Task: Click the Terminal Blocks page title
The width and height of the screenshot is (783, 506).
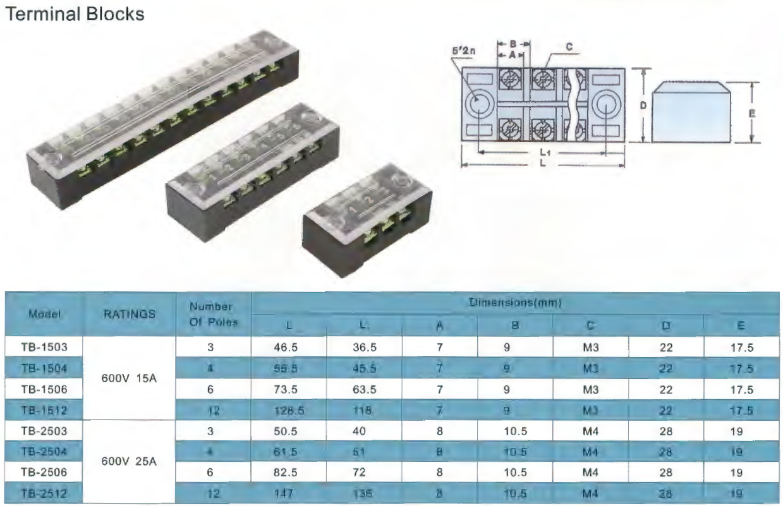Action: tap(75, 13)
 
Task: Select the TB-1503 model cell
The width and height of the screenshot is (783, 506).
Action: tap(44, 347)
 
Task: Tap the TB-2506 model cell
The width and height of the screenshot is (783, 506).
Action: tap(44, 471)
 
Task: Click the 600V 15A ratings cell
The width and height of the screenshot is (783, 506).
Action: tap(130, 379)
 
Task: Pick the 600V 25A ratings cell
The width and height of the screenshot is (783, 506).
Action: tap(130, 461)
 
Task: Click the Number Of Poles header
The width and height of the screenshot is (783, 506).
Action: tap(214, 314)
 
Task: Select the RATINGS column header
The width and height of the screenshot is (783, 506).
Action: tap(130, 314)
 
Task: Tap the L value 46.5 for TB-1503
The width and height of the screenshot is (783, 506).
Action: tap(289, 347)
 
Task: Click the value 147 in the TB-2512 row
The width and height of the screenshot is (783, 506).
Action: tap(289, 493)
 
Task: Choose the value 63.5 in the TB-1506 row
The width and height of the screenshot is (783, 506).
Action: tap(364, 390)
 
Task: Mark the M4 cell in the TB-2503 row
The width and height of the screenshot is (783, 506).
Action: tap(590, 432)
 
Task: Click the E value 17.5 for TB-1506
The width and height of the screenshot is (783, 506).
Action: tap(742, 390)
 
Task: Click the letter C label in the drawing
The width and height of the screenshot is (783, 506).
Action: tap(569, 46)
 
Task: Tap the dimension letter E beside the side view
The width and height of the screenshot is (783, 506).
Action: tap(753, 114)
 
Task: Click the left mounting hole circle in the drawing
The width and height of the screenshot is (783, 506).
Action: tap(478, 105)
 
